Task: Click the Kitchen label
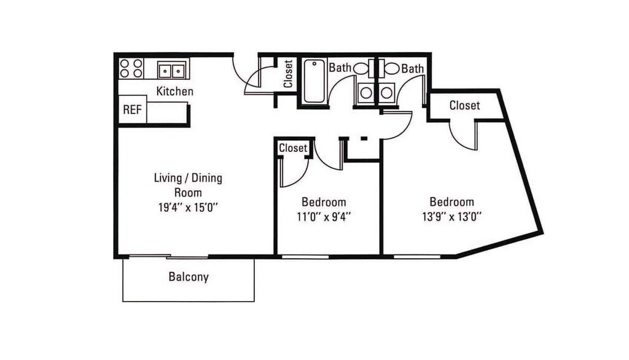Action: [x=174, y=92]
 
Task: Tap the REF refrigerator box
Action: [x=133, y=109]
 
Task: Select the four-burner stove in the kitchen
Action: [x=131, y=68]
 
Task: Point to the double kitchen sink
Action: [x=172, y=71]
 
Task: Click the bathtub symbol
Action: [x=314, y=81]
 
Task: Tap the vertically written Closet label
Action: [x=288, y=74]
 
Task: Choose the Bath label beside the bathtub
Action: [x=340, y=68]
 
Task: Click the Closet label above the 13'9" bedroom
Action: [x=464, y=105]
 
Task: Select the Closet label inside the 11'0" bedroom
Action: [x=293, y=147]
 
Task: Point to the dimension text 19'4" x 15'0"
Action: [x=188, y=208]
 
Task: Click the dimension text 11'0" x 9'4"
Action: [x=324, y=217]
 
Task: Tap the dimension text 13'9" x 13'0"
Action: [x=451, y=217]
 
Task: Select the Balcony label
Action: [x=189, y=277]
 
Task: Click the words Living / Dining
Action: [x=188, y=178]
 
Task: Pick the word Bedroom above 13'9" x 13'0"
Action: [x=451, y=202]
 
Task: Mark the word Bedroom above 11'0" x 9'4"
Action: [x=324, y=202]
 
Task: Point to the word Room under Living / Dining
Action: [x=188, y=193]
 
